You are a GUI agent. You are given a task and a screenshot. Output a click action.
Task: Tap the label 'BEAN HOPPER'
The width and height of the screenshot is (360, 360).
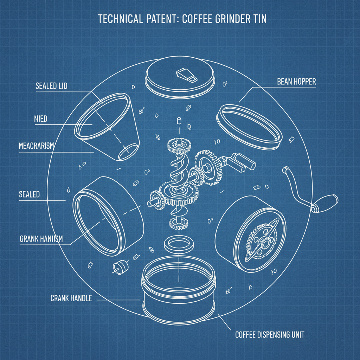pyautogui.click(x=296, y=82)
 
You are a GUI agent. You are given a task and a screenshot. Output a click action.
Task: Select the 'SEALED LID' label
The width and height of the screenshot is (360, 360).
pyautogui.click(x=51, y=86)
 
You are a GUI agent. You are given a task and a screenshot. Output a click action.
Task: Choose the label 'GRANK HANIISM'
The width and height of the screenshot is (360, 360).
pyautogui.click(x=41, y=239)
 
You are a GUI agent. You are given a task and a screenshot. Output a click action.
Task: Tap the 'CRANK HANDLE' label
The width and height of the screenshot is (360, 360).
pyautogui.click(x=71, y=298)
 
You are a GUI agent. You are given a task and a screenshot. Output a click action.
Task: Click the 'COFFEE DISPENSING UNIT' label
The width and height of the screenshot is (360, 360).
pyautogui.click(x=270, y=334)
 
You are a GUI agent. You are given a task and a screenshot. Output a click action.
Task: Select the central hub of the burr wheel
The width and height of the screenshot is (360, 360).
pyautogui.click(x=262, y=243)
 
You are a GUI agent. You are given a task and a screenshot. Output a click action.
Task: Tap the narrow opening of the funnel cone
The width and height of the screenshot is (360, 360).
pyautogui.click(x=127, y=152)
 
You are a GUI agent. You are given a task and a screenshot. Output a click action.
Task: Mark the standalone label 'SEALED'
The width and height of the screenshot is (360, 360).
pyautogui.click(x=30, y=194)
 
